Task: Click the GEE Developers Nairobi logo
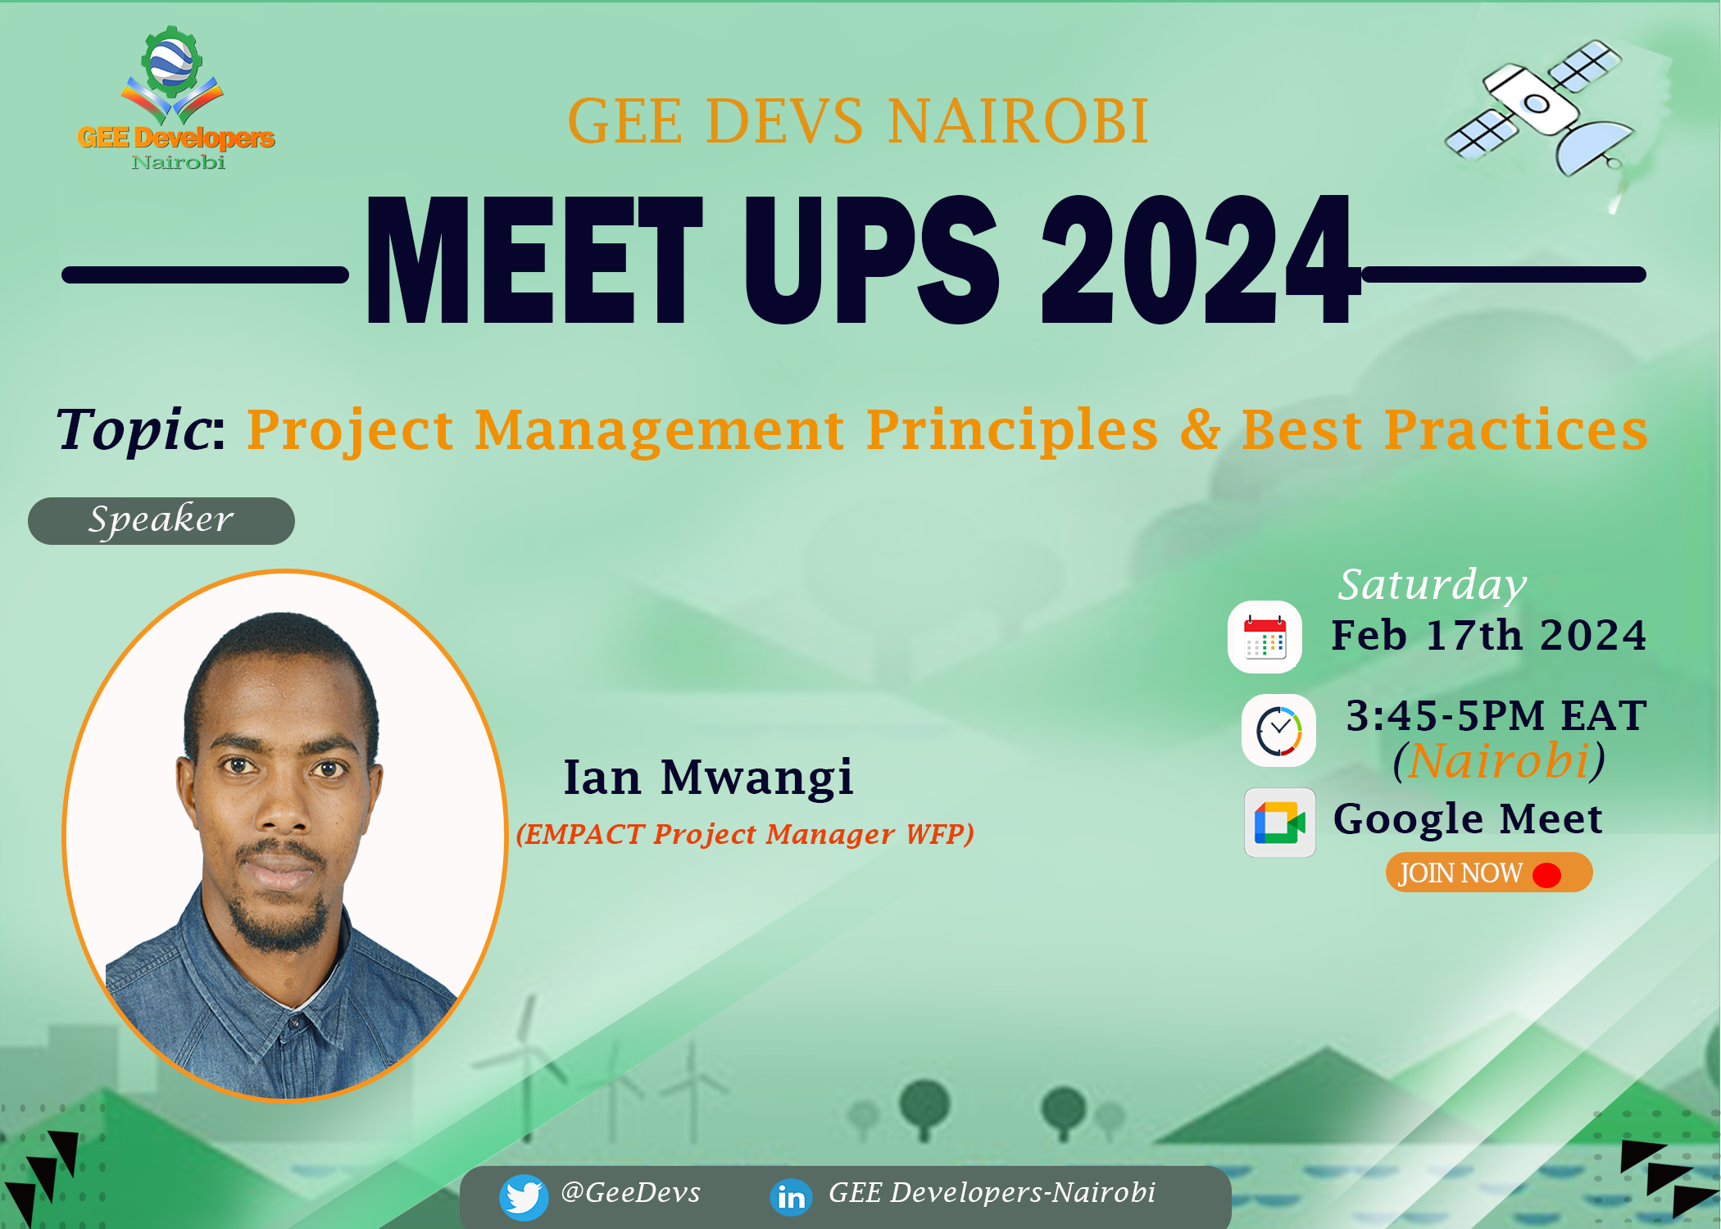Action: (x=175, y=98)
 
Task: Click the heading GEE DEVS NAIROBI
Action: (x=858, y=121)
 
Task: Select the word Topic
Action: (x=133, y=429)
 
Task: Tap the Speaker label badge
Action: (x=161, y=521)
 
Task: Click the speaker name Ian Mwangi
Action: (x=709, y=777)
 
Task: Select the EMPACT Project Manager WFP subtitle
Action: (x=745, y=834)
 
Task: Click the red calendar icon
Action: (x=1265, y=637)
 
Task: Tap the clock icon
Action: (x=1278, y=730)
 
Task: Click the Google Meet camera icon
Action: (x=1279, y=823)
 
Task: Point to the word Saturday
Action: (x=1433, y=585)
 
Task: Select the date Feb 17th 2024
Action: (x=1489, y=636)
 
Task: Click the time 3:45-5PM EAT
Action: (x=1496, y=715)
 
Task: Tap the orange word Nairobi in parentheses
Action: (x=1499, y=760)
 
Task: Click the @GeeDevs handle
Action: (x=631, y=1193)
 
